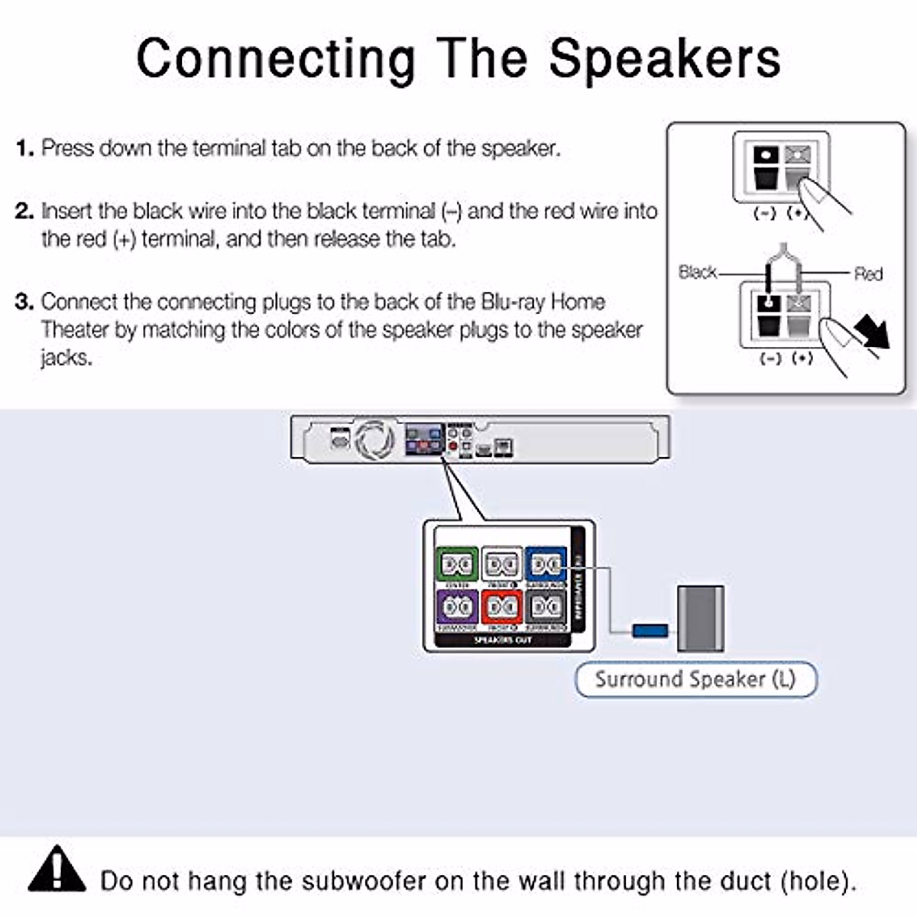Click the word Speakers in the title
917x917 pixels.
[x=665, y=58]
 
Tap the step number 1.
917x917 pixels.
[x=24, y=147]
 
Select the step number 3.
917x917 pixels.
[x=24, y=302]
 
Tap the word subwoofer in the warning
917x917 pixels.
[x=364, y=881]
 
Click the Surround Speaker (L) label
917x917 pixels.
[x=695, y=679]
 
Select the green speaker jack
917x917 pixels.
[x=457, y=565]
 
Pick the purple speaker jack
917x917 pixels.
[x=457, y=607]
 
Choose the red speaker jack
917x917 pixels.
[x=502, y=607]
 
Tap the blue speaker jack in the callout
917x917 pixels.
[x=546, y=565]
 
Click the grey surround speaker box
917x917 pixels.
[x=700, y=618]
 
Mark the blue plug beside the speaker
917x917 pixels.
[x=650, y=630]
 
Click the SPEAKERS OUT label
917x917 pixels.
[x=502, y=640]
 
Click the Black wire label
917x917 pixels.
[x=697, y=272]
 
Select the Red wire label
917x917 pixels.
[x=868, y=274]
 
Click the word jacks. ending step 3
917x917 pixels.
[x=66, y=358]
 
